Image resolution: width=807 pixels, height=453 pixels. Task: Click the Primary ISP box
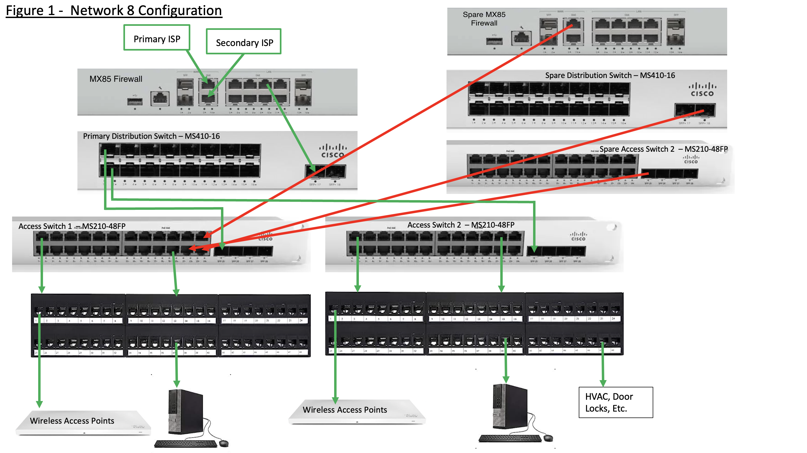click(157, 38)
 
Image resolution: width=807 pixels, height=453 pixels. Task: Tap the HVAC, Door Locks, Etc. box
click(616, 402)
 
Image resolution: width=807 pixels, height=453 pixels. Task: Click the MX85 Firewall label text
click(116, 79)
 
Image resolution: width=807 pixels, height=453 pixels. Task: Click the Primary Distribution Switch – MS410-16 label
click(151, 136)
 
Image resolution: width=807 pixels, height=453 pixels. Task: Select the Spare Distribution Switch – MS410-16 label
click(610, 75)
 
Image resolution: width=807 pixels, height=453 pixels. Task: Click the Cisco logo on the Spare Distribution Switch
click(702, 90)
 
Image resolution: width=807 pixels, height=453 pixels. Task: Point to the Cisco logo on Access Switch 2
click(578, 236)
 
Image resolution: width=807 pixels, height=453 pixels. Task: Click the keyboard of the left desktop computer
click(185, 443)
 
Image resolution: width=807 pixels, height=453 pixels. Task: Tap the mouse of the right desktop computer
click(548, 438)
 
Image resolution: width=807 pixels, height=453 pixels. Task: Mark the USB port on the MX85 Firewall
click(135, 101)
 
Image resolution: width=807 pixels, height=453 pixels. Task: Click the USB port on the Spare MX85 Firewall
click(494, 41)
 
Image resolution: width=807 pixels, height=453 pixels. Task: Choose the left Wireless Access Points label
click(72, 421)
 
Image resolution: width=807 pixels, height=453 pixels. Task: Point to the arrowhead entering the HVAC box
click(603, 383)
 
